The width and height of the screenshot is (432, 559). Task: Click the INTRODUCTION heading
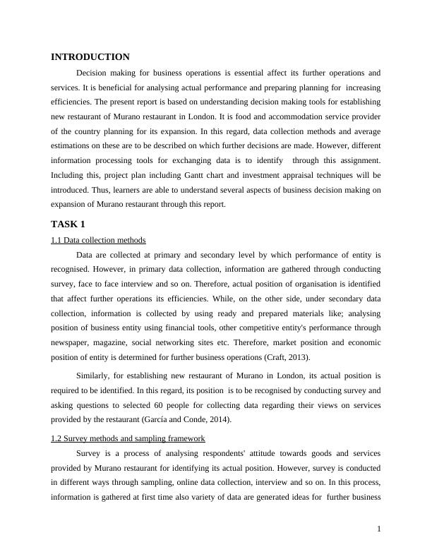[90, 57]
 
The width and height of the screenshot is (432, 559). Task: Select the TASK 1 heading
[68, 224]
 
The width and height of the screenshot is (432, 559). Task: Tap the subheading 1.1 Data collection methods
[98, 240]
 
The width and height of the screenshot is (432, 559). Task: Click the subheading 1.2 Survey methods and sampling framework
[128, 438]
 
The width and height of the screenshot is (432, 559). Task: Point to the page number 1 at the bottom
[379, 529]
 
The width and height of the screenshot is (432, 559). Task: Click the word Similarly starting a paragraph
[94, 375]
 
